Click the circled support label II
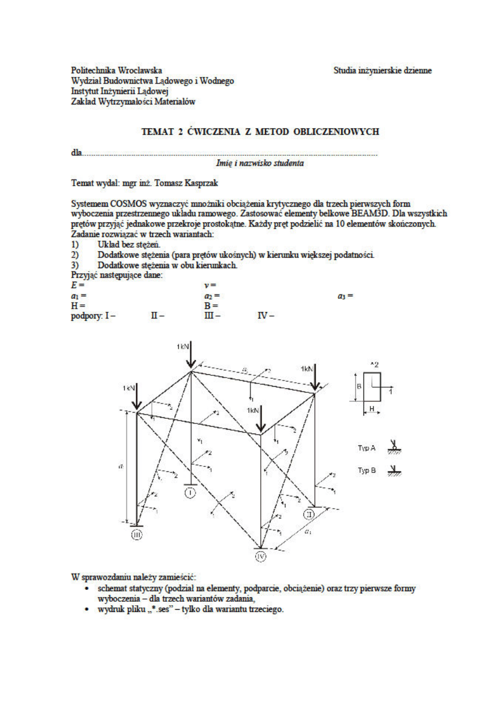310,514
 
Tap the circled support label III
137,534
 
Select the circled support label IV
260,557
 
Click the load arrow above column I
191,356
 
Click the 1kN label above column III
128,388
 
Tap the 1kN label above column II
307,368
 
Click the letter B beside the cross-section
359,387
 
